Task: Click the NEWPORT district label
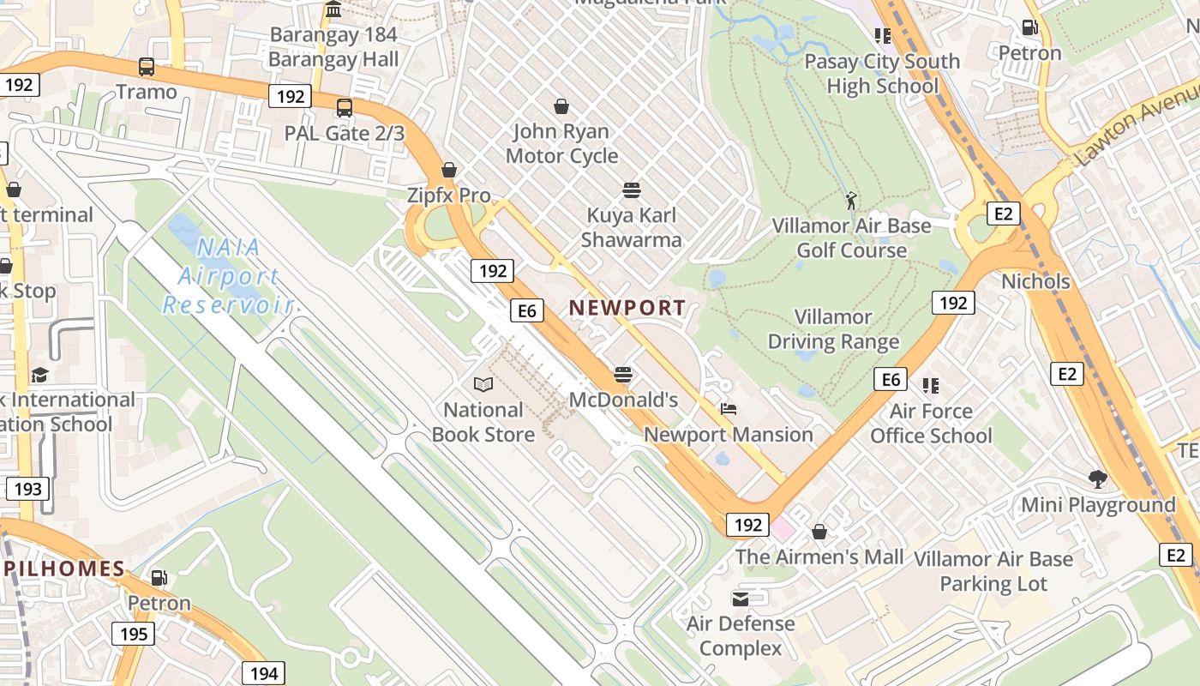(627, 308)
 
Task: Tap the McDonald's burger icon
(623, 374)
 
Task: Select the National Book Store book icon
(483, 384)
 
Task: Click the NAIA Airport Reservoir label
(228, 276)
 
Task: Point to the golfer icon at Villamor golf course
(850, 201)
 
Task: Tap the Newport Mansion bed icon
(729, 408)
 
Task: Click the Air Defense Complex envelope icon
(740, 598)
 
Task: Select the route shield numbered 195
(133, 635)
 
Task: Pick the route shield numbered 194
(263, 673)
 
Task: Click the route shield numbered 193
(28, 489)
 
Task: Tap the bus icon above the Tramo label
(147, 66)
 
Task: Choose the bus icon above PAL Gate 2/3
(345, 108)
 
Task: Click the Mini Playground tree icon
(1097, 478)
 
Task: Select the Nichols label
(1035, 281)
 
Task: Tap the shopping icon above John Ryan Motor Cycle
(561, 106)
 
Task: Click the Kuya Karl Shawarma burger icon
(632, 190)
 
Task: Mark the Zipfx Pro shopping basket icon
(449, 170)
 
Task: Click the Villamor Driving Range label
(833, 329)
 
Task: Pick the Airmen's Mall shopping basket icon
(819, 532)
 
